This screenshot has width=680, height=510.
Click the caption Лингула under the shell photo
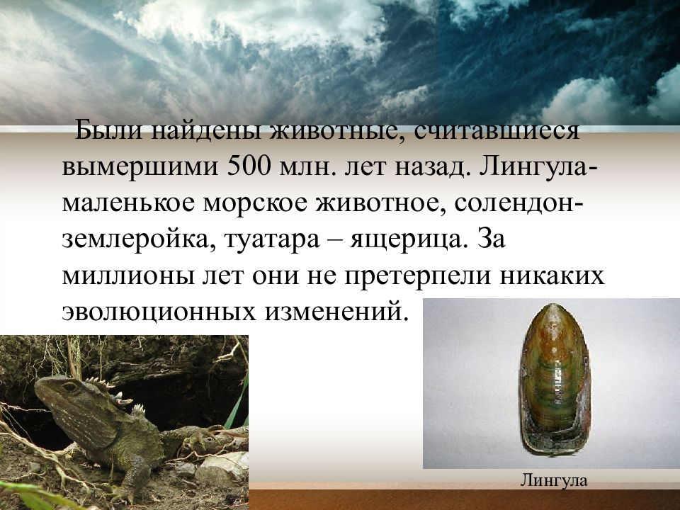[x=554, y=481]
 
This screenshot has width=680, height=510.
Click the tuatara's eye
[x=69, y=387]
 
